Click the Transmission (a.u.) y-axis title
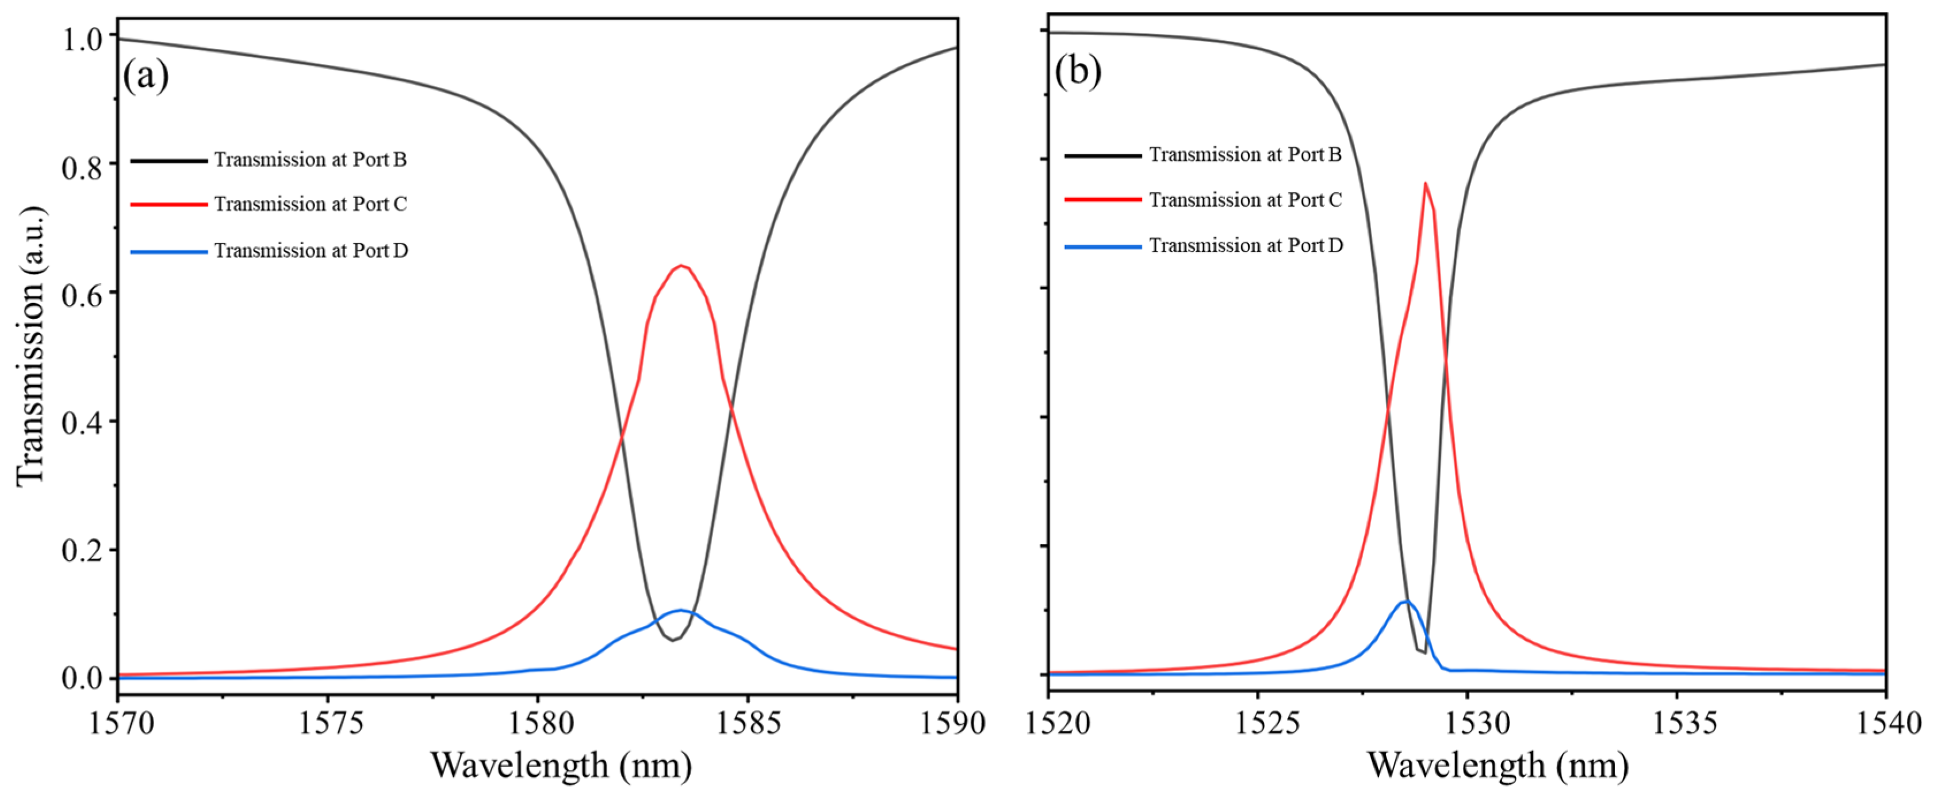point(32,345)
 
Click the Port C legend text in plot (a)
point(310,204)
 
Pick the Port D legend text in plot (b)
point(1246,246)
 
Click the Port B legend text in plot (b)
point(1245,155)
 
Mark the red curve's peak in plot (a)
point(681,265)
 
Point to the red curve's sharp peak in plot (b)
point(1425,183)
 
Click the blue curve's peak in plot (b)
point(1405,601)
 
